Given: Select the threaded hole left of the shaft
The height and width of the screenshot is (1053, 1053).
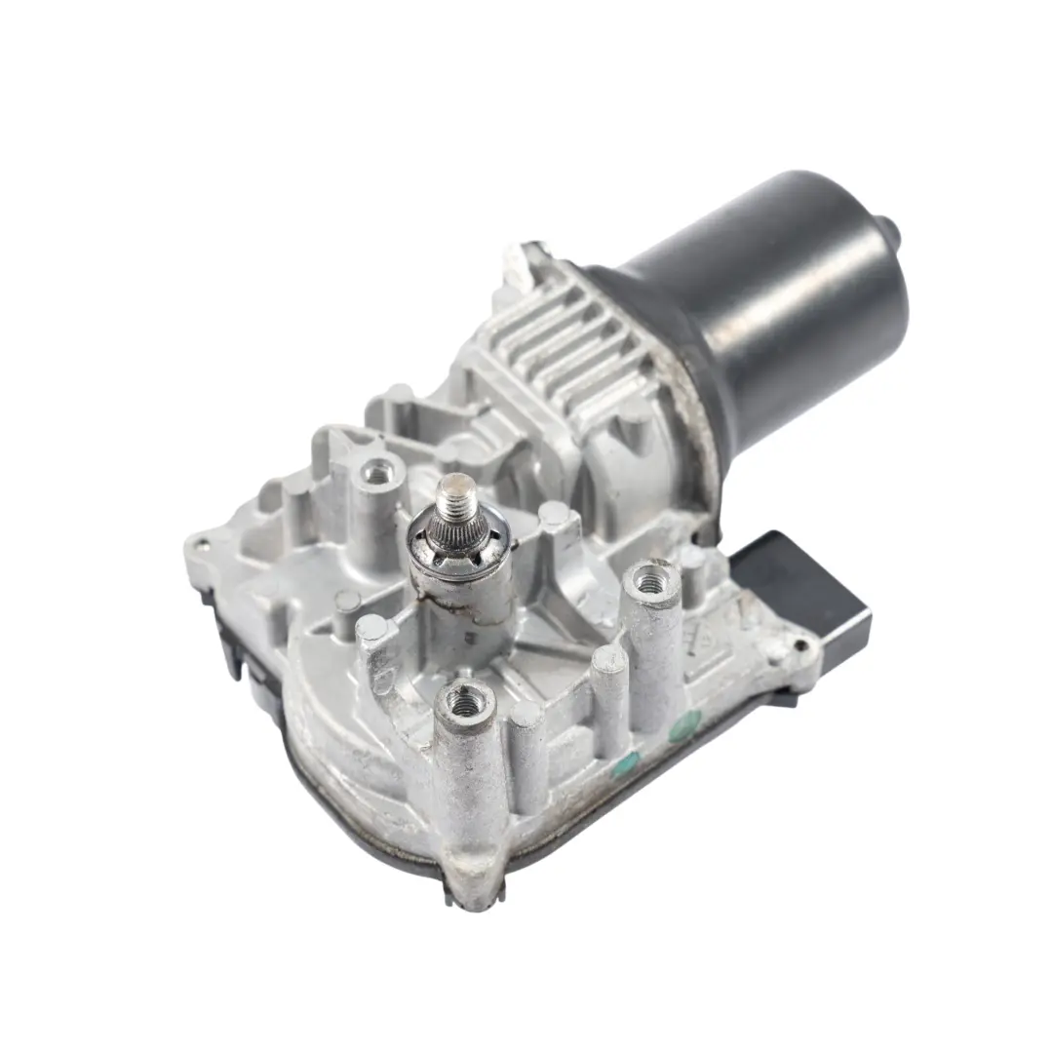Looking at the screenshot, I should (373, 475).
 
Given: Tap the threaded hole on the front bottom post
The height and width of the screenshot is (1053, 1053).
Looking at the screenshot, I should (458, 699).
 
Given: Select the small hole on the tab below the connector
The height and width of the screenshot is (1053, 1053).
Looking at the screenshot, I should (801, 644).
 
